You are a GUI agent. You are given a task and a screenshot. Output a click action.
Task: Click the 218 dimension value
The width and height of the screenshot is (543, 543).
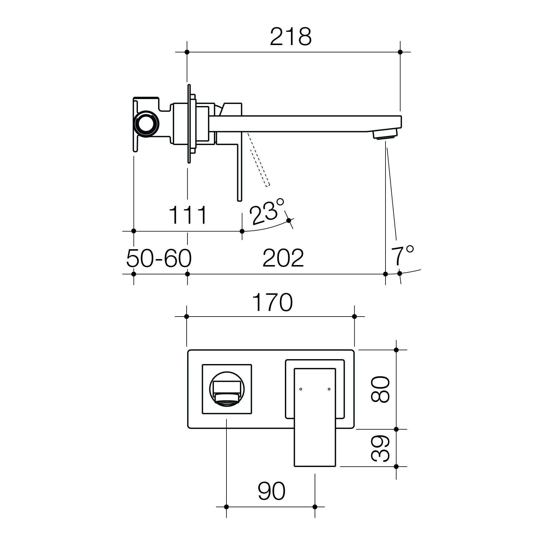point(290,37)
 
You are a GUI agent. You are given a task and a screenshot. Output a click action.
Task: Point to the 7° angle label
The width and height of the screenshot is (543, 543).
point(402,255)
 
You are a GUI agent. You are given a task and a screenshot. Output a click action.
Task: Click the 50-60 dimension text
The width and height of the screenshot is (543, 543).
point(159,258)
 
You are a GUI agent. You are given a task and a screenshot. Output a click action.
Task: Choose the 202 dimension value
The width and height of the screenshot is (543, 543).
point(283,258)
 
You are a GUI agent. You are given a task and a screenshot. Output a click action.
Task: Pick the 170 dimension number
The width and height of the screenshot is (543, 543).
point(272,303)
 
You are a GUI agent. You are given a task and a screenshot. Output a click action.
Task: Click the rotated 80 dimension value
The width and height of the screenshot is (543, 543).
point(380,389)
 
